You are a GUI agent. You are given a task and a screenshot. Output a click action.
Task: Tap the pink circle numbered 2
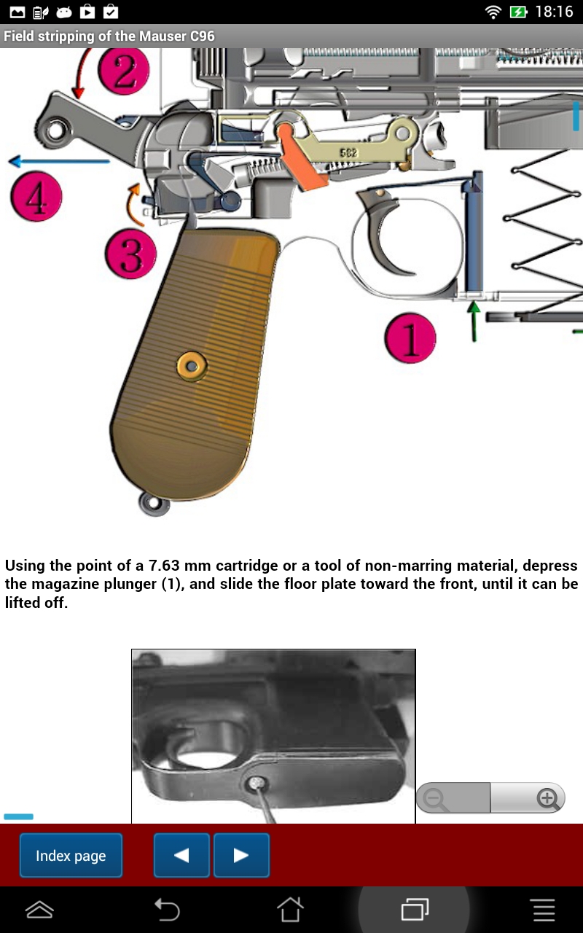(x=124, y=71)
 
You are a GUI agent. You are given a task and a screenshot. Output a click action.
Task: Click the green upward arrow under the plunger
(x=474, y=320)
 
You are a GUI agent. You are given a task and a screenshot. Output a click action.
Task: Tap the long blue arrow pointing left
(x=58, y=161)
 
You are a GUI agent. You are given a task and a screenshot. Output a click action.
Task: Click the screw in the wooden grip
(x=192, y=367)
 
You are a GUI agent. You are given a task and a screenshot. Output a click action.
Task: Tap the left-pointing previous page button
(x=181, y=855)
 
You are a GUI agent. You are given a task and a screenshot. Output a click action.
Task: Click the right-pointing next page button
(x=241, y=855)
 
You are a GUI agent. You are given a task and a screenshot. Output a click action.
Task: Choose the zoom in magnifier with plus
(x=547, y=799)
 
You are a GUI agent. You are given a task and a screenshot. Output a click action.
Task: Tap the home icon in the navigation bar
(x=290, y=909)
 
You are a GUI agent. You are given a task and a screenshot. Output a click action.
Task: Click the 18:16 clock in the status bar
(x=554, y=12)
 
